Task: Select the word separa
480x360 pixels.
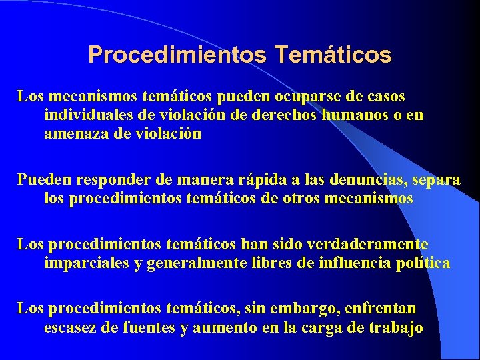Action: pyautogui.click(x=437, y=180)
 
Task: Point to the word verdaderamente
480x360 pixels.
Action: pyautogui.click(x=372, y=245)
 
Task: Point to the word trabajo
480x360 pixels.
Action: pyautogui.click(x=398, y=327)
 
